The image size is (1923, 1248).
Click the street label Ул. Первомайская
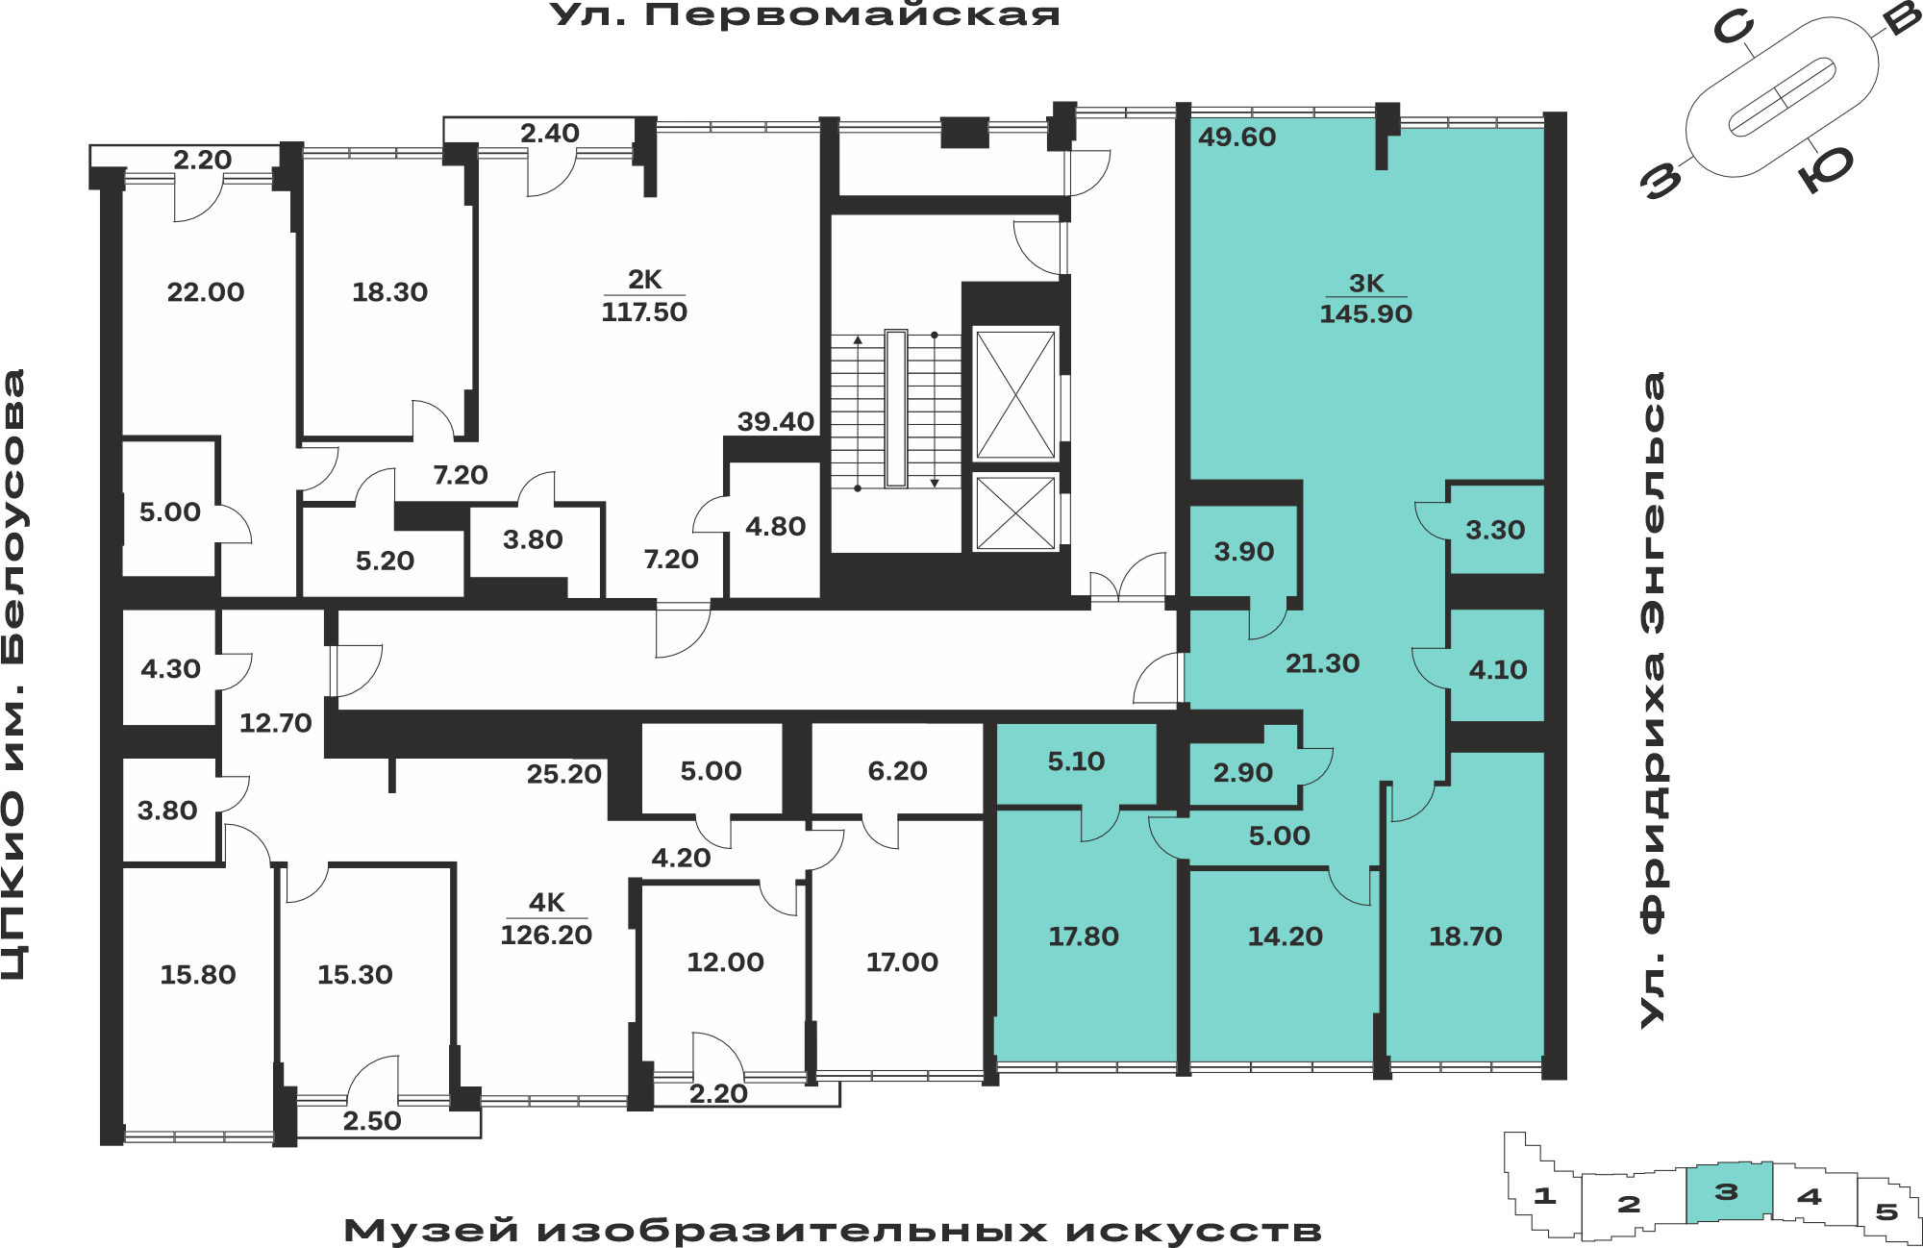click(805, 15)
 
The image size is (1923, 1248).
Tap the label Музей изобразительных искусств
click(833, 1230)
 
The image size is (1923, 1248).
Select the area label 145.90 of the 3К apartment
click(1365, 313)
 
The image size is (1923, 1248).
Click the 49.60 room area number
click(1236, 137)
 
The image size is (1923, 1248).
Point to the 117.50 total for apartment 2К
click(644, 312)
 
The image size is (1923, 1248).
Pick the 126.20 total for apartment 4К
click(546, 935)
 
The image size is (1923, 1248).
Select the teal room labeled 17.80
click(1084, 936)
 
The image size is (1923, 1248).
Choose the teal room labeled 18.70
click(1465, 936)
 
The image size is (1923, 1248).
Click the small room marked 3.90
click(1243, 552)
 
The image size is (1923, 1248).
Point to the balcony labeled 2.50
click(372, 1121)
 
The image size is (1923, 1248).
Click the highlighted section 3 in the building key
click(1729, 1192)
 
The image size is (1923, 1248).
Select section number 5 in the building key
click(1886, 1211)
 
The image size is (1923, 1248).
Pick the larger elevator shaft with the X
click(1015, 394)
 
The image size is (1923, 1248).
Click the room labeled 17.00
click(902, 962)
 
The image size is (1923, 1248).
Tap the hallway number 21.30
click(1322, 663)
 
